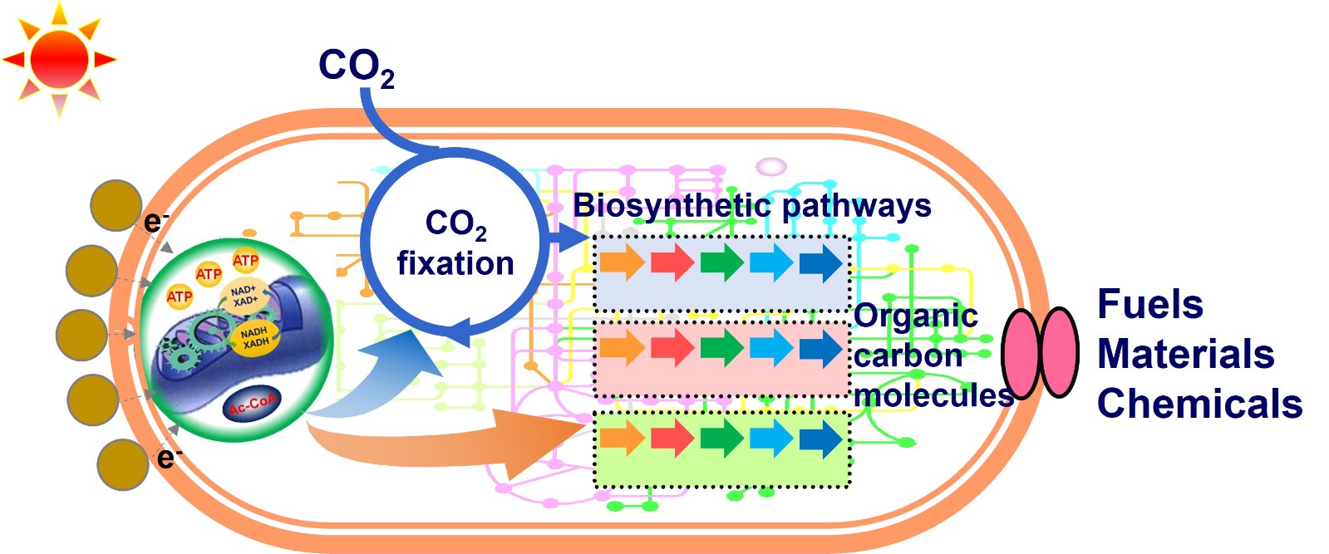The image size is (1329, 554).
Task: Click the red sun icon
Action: point(59,59)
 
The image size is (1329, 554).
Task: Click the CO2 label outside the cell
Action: point(355,67)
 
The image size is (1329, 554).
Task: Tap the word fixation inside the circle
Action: point(455,263)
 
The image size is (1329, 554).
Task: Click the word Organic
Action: point(915,316)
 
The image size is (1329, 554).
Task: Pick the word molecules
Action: point(933,395)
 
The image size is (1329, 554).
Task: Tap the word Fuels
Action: point(1150,304)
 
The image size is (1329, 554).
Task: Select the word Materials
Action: point(1185,354)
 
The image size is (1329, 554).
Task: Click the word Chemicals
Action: point(1199,404)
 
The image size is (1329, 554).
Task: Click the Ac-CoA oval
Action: point(253,405)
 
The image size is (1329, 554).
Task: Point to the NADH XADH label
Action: point(254,337)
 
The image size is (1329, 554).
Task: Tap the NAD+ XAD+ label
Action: point(244,296)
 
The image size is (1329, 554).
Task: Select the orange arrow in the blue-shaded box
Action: point(622,262)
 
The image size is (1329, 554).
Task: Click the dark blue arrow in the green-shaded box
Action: point(821,438)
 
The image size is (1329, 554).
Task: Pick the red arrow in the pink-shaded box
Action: point(672,348)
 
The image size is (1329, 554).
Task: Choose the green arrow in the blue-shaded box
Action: point(721,262)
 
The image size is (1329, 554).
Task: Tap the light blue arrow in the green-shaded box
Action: point(771,438)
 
